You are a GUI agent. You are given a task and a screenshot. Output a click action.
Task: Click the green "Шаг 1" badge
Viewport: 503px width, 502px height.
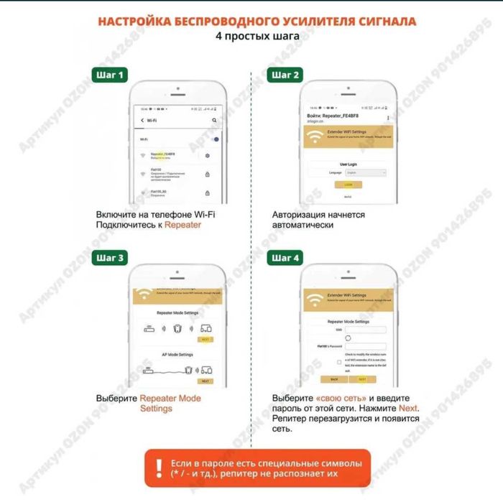click(x=111, y=75)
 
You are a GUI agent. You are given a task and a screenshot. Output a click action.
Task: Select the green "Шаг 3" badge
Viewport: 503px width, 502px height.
click(x=111, y=257)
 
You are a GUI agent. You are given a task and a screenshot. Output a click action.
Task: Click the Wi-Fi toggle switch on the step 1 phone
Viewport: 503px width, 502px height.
click(x=216, y=139)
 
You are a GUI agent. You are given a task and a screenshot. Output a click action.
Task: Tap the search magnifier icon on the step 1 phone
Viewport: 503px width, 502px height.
click(x=214, y=120)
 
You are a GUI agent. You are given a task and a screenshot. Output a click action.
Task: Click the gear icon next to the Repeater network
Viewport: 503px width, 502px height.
click(x=207, y=156)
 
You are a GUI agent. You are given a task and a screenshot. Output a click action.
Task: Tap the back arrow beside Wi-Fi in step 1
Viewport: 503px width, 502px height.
click(x=142, y=120)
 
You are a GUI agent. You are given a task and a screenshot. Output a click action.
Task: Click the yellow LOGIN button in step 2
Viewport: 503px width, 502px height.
click(x=349, y=185)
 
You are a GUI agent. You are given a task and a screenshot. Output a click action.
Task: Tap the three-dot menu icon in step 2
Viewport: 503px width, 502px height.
click(x=388, y=116)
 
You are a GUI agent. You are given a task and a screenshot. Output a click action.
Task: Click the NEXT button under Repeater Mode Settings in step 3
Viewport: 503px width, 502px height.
click(x=205, y=339)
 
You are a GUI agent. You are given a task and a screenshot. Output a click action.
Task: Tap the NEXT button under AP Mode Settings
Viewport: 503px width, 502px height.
click(x=205, y=381)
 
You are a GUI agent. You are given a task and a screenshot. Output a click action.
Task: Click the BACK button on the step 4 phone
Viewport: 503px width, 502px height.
click(x=334, y=378)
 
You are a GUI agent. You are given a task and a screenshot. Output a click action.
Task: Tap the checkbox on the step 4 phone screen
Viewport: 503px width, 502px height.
click(x=338, y=362)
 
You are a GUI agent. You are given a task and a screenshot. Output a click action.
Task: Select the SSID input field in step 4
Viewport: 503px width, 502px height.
click(x=366, y=330)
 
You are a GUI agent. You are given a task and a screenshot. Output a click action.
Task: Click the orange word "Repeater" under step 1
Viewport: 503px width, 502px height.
click(x=183, y=226)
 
